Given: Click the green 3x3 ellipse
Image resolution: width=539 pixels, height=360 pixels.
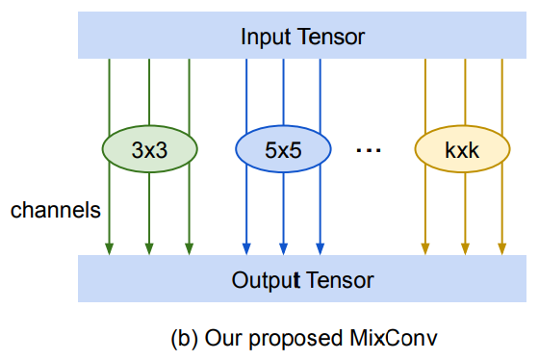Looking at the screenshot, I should (x=149, y=148).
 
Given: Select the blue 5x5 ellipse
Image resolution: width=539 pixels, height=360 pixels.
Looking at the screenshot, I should (x=283, y=148).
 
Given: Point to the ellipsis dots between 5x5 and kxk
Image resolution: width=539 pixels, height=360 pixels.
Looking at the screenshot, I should (x=370, y=150).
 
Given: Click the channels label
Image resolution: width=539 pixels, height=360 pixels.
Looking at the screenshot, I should (x=55, y=210).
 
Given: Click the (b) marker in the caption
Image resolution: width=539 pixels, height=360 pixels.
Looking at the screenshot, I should (x=183, y=339).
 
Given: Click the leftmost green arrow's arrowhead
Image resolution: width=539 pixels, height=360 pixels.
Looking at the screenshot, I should (x=110, y=249).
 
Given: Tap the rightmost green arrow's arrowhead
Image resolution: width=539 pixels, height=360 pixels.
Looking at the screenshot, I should (x=189, y=249).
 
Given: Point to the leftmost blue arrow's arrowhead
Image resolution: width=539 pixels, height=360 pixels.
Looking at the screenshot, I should (x=247, y=249).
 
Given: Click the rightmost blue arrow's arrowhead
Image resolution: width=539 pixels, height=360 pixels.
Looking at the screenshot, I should (x=320, y=249).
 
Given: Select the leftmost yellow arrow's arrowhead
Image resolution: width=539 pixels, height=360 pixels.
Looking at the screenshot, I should (x=424, y=249).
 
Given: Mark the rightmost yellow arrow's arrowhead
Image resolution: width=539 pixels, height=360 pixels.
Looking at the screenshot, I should (x=502, y=249).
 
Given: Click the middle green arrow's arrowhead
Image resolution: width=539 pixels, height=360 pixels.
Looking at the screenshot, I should (x=149, y=249).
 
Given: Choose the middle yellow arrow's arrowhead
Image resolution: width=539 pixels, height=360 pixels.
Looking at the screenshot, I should (x=465, y=249).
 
